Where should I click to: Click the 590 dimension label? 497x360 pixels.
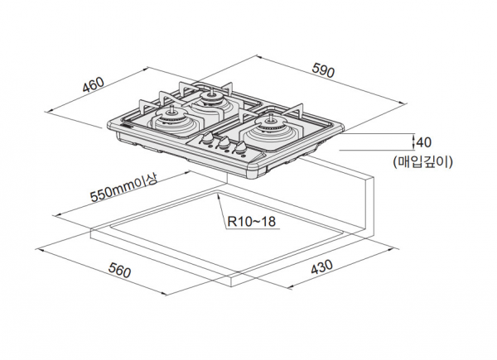point(323,73)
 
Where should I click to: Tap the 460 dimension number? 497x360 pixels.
point(94,85)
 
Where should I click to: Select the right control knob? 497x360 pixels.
point(239,151)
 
